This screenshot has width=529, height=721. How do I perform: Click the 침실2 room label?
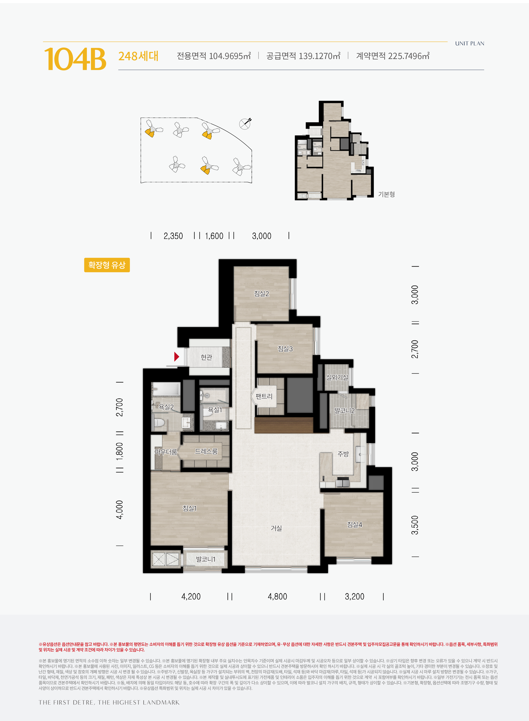(261, 294)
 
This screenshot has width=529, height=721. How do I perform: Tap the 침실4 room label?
(355, 524)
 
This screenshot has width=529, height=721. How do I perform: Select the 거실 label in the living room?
(276, 528)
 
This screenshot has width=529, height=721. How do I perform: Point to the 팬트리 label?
(264, 396)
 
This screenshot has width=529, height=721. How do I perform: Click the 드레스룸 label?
(206, 451)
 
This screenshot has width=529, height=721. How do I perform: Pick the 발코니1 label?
(206, 559)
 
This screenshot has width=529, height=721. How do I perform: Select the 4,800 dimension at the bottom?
(277, 596)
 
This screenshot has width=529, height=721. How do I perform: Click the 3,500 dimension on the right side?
(415, 525)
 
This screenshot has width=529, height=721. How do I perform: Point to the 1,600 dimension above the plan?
(214, 236)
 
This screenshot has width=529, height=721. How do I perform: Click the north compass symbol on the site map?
(245, 124)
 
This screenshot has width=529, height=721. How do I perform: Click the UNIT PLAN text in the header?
(469, 44)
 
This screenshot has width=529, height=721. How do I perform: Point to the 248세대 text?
(138, 56)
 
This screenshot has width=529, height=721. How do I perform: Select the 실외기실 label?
(337, 377)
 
